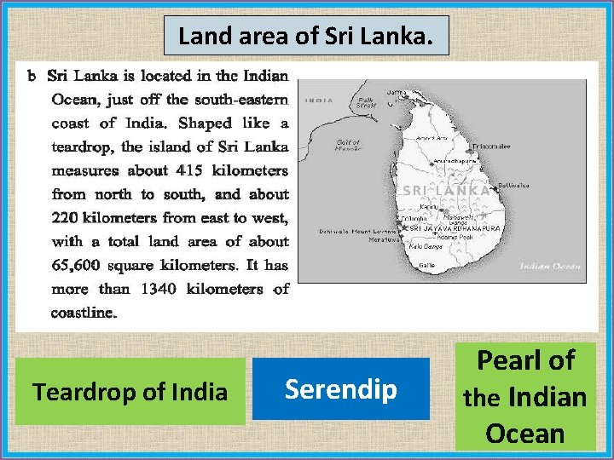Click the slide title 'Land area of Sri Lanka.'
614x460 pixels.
[x=306, y=37]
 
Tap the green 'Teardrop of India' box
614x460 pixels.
[x=130, y=391]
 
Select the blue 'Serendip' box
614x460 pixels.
[x=340, y=388]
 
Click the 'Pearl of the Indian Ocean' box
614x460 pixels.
[x=524, y=397]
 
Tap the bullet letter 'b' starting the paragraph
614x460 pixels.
[x=32, y=76]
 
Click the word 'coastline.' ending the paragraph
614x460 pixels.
[x=84, y=313]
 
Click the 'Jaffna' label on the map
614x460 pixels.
[x=397, y=92]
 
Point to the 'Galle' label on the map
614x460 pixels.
[x=426, y=266]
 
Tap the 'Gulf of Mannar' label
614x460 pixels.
[x=348, y=146]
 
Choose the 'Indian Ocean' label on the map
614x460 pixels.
[x=553, y=267]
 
